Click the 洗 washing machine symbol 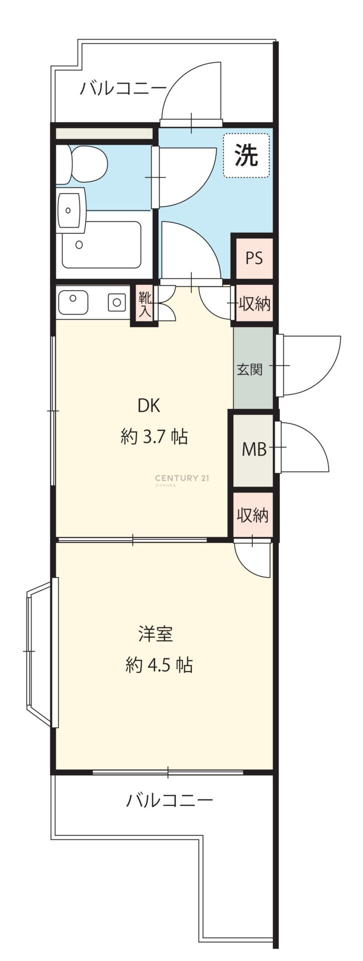pyautogui.click(x=246, y=155)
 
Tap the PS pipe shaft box pyautogui.click(x=254, y=258)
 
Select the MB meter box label pyautogui.click(x=254, y=449)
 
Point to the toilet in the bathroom pyautogui.click(x=81, y=164)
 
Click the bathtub pyautogui.click(x=102, y=245)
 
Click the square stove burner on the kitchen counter pyautogui.click(x=117, y=302)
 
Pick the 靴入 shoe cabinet pyautogui.click(x=145, y=305)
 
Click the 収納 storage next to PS pyautogui.click(x=254, y=303)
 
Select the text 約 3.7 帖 pyautogui.click(x=154, y=437)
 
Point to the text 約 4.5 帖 pyautogui.click(x=159, y=665)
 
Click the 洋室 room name pyautogui.click(x=156, y=634)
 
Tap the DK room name pyautogui.click(x=149, y=406)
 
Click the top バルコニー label pyautogui.click(x=123, y=89)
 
